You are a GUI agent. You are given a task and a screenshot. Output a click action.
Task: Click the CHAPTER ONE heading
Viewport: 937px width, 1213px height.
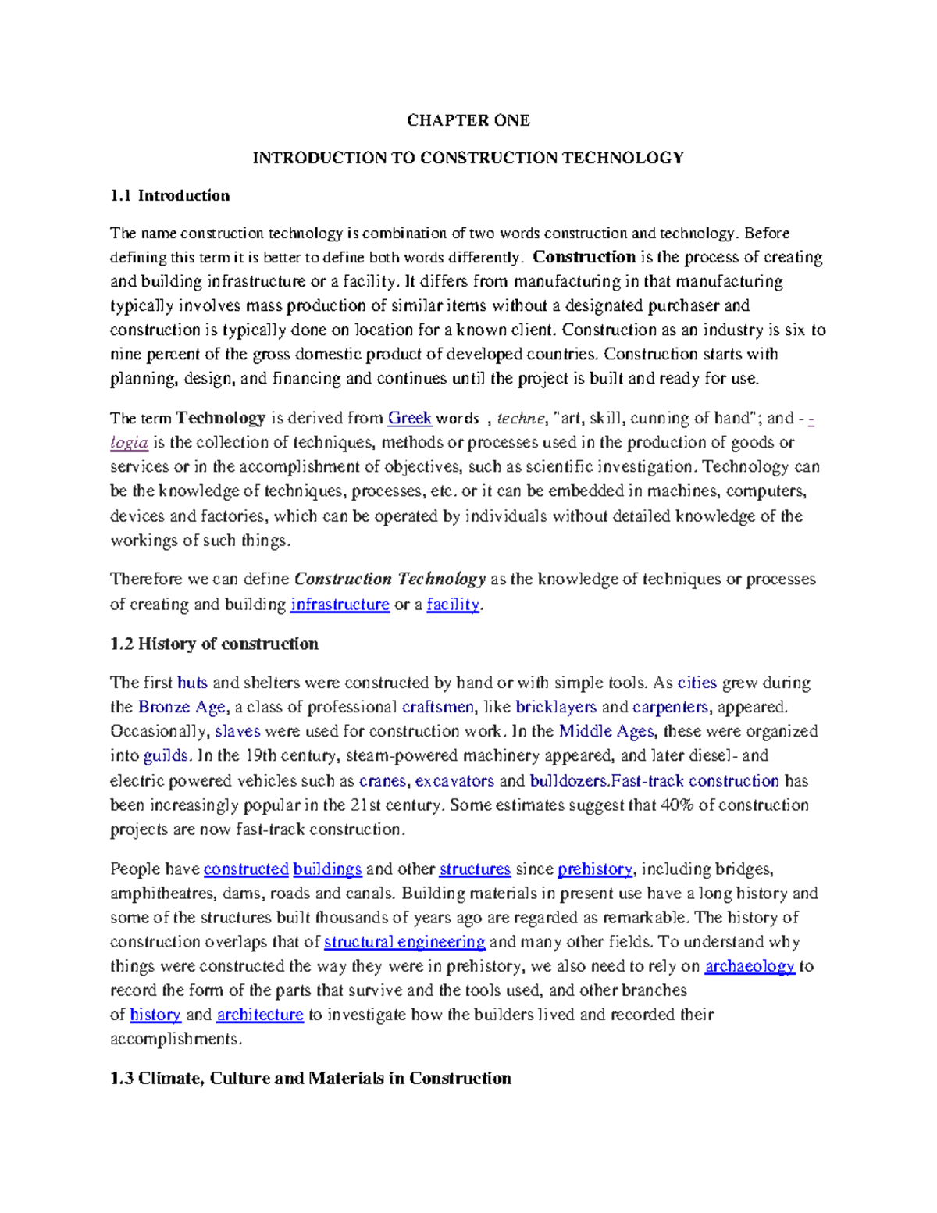[468, 120]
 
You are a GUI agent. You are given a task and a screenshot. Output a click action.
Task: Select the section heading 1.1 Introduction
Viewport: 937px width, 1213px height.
[169, 196]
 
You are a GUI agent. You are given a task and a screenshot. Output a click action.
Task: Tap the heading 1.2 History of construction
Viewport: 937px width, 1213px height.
[214, 644]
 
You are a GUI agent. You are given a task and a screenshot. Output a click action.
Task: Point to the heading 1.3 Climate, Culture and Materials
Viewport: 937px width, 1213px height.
[311, 1079]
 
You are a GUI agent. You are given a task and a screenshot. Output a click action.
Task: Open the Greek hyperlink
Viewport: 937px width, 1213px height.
[410, 419]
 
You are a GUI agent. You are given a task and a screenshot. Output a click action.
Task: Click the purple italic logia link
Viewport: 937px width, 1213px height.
[129, 443]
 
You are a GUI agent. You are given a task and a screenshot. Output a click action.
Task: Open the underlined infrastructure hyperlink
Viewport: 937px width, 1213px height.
[340, 605]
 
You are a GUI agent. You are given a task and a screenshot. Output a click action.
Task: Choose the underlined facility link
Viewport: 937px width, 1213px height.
[453, 605]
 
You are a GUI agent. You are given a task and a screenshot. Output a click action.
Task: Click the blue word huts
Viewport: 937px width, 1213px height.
[192, 683]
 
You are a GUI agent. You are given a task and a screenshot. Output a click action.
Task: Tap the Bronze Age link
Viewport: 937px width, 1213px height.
[182, 707]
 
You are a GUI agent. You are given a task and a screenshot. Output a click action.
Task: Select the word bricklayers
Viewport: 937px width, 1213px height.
[555, 707]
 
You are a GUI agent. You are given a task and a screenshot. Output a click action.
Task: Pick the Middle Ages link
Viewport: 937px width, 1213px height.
[606, 731]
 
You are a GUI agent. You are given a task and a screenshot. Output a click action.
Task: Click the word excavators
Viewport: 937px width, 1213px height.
[454, 781]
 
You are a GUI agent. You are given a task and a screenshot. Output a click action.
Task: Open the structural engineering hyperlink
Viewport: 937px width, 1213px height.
[404, 942]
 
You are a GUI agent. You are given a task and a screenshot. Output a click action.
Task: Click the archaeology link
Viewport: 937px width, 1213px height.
[750, 966]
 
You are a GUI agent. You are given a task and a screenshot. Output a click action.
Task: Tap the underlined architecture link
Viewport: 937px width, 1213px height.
[260, 1015]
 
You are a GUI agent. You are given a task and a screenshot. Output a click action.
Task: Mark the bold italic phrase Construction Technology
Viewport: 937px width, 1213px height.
[390, 580]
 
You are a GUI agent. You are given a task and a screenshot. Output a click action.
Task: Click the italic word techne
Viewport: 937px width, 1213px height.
[521, 419]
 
